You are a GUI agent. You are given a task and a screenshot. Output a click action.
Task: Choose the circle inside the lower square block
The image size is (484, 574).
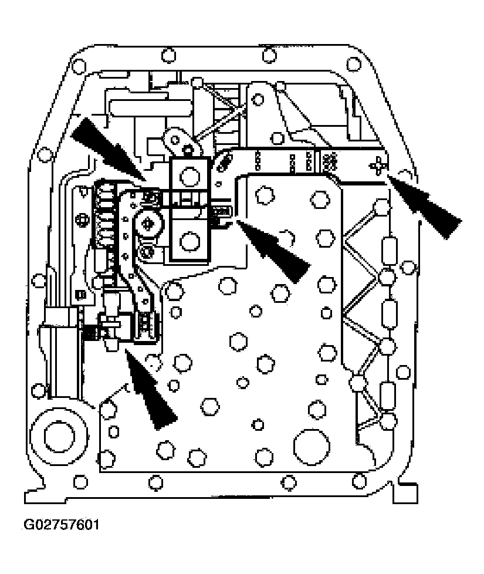[x=189, y=240]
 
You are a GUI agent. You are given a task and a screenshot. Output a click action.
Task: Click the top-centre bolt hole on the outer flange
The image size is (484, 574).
[x=268, y=56]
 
